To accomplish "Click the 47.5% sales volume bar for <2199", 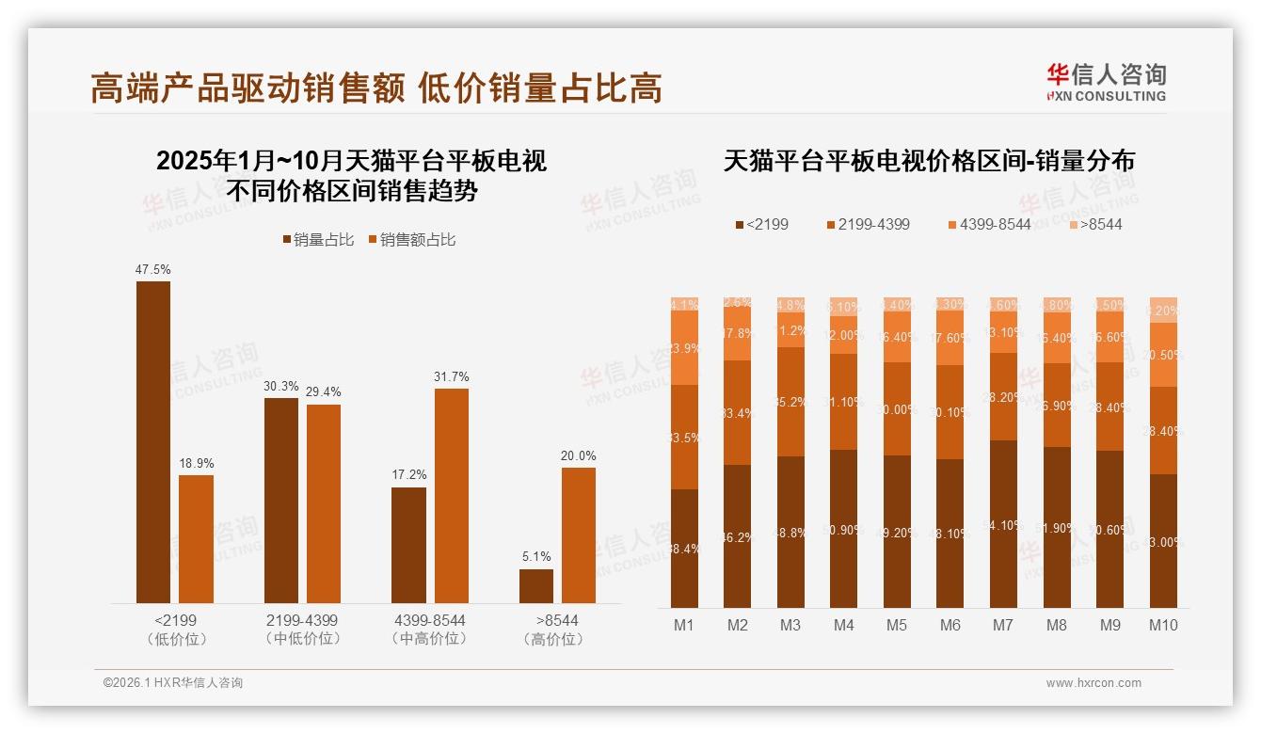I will coord(153,442).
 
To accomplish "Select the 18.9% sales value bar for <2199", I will coord(196,539).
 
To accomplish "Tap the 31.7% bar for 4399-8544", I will coord(451,496).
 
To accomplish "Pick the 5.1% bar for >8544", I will coord(536,586).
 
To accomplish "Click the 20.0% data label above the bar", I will coord(579,456).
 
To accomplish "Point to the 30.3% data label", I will coord(281,387).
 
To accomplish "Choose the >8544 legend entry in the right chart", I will coord(1095,224).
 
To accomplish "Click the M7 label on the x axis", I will coord(1002,625).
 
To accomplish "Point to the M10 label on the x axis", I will coord(1163,625).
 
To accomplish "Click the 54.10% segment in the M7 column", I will coord(1003,524).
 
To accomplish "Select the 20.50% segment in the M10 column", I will coord(1163,355).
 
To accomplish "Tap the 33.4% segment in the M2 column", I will coord(738,413).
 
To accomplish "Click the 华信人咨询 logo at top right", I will coord(1106,82).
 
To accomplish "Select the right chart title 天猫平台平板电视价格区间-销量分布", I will coord(929,161).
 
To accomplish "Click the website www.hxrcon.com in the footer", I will coord(1093,683).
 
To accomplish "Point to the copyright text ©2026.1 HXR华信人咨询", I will coord(173,683).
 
